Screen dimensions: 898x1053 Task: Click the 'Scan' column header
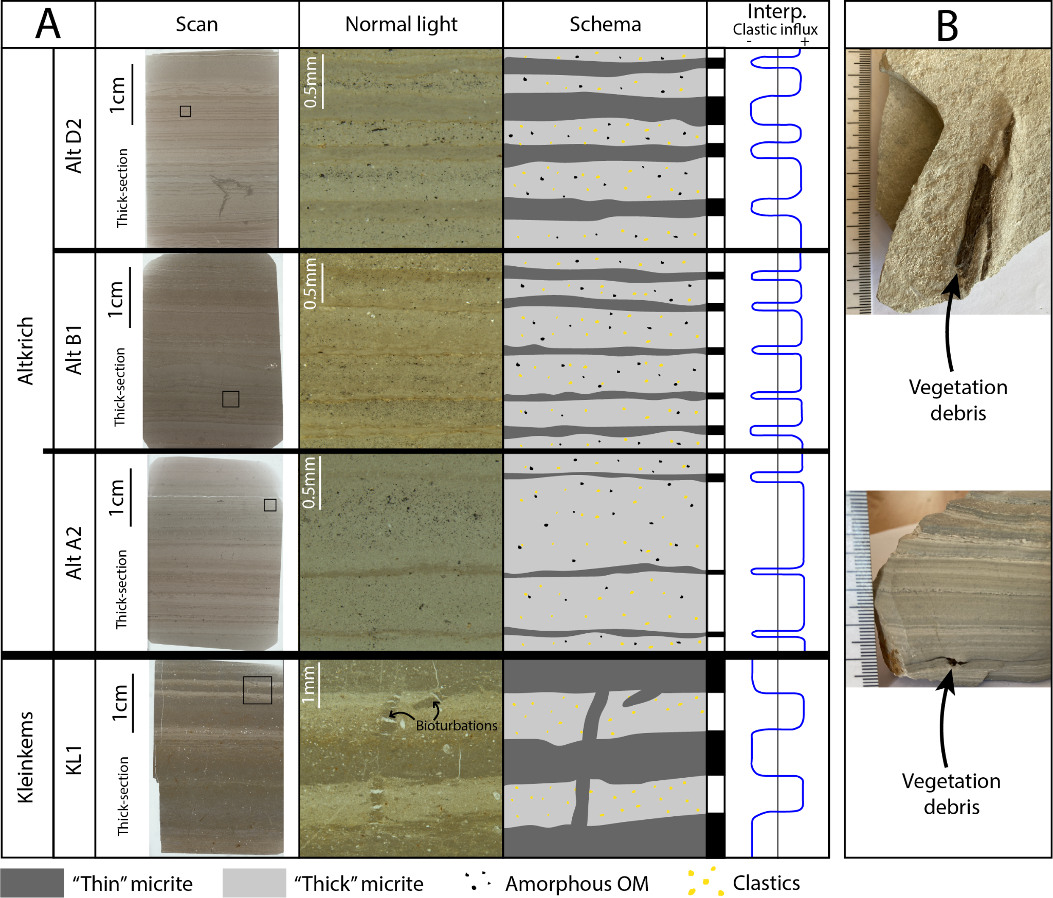(x=197, y=24)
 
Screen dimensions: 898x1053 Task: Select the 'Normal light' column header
(x=401, y=24)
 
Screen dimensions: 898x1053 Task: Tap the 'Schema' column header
(x=605, y=24)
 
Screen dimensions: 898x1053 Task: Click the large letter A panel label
(x=48, y=24)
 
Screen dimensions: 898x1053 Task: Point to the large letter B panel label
(x=947, y=26)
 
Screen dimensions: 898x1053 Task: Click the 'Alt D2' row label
(x=74, y=146)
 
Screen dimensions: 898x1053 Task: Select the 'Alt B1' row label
(x=74, y=350)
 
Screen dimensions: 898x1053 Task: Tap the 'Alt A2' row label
(x=74, y=553)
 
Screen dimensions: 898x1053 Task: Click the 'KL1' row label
(x=74, y=760)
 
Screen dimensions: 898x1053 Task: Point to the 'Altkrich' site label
(x=26, y=351)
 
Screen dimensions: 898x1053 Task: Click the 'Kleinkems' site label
(x=26, y=757)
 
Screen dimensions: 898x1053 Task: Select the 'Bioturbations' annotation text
(x=456, y=725)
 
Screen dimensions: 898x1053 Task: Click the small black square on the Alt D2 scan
(x=186, y=111)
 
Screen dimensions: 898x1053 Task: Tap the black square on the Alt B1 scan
(x=231, y=399)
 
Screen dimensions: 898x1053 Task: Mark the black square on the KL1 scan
(x=257, y=690)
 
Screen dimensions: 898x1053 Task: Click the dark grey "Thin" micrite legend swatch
(x=32, y=883)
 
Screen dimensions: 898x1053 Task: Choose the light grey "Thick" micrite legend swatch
(x=254, y=883)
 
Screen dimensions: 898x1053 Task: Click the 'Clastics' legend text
(x=766, y=883)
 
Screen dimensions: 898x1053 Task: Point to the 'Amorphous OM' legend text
(x=577, y=884)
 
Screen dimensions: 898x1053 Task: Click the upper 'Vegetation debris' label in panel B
(x=958, y=400)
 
